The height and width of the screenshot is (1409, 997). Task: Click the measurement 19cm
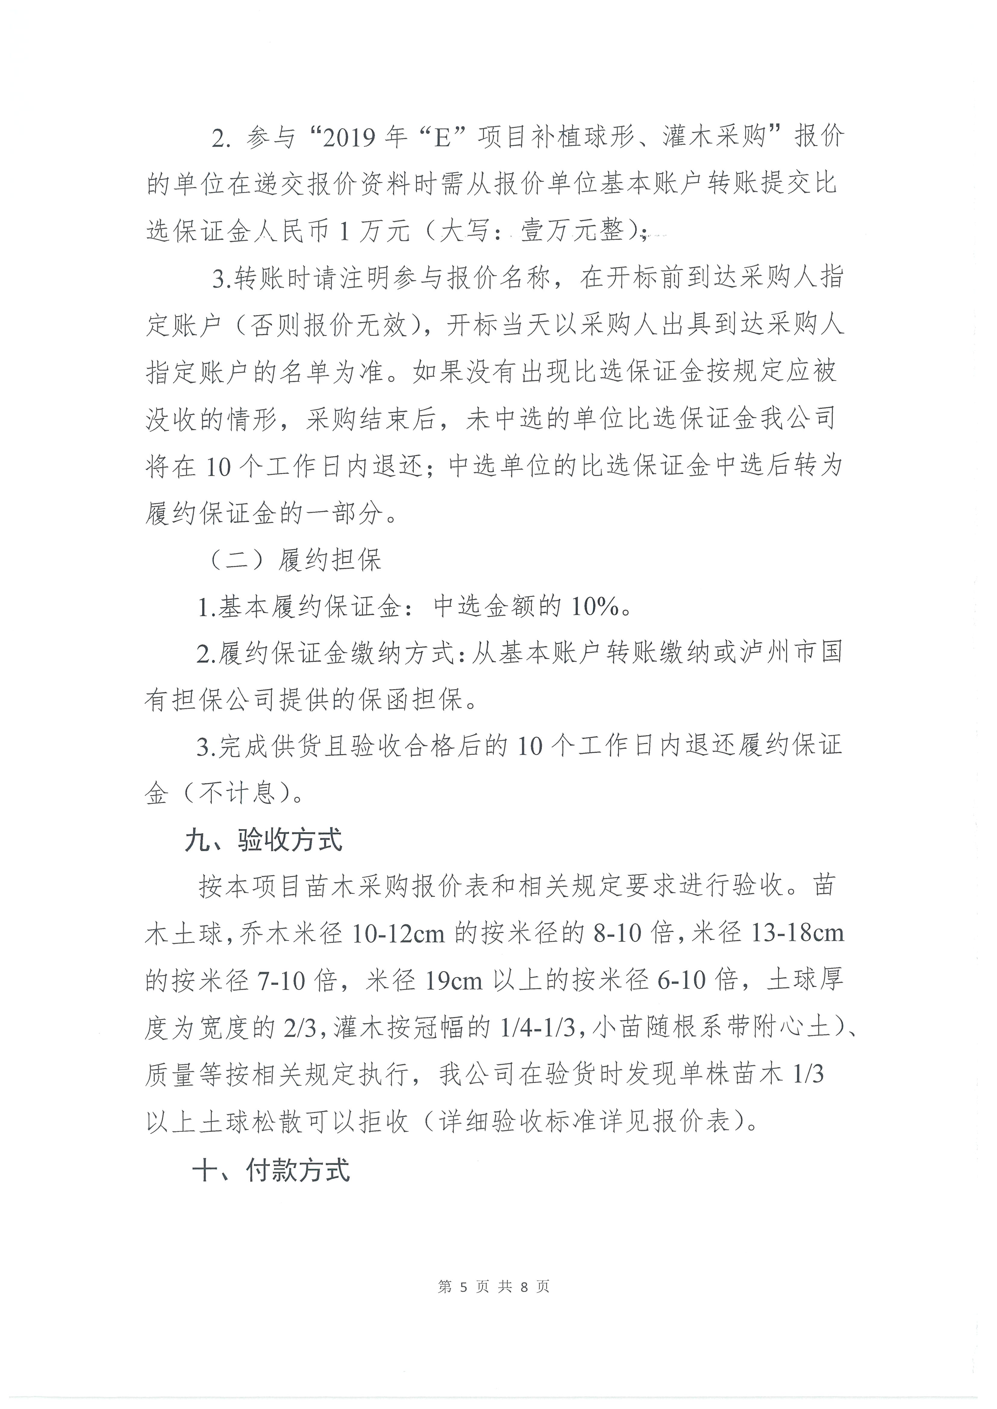coord(454,981)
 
